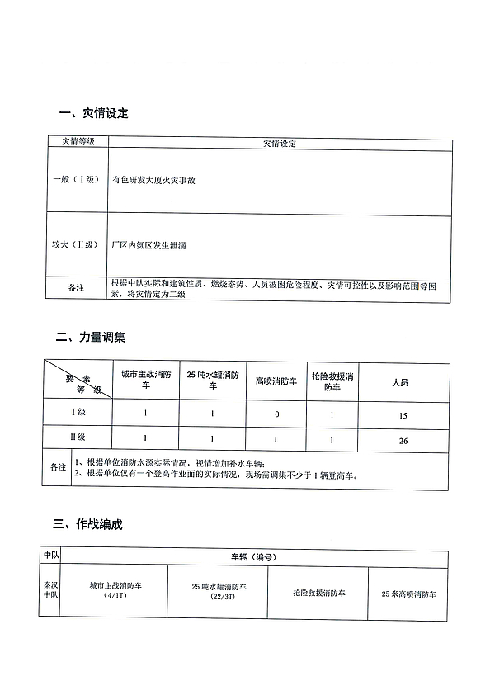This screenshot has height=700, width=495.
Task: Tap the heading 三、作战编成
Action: pos(90,523)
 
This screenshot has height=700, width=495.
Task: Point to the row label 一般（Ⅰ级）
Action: pos(74,180)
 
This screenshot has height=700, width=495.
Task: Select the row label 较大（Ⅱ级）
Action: pos(74,246)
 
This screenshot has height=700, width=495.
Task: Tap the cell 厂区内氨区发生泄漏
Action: pos(148,246)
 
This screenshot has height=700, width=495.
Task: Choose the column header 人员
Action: pos(401,382)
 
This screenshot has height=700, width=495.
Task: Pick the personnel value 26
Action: pos(403,442)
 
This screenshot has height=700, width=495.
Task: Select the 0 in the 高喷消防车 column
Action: pos(276,414)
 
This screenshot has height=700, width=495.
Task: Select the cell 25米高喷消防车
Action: pos(408,594)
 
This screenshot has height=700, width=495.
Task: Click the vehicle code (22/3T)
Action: pos(218,596)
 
